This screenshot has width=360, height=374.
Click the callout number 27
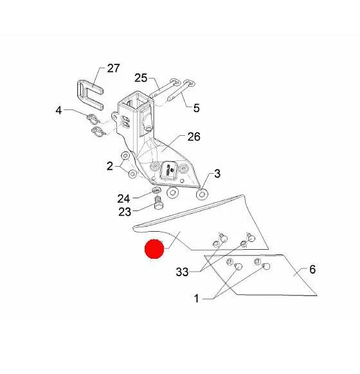(x=113, y=68)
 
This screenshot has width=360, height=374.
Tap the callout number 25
(x=141, y=78)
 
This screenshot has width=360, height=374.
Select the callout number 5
(x=196, y=108)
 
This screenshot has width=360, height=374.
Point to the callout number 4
(x=59, y=111)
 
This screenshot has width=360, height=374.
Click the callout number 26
(x=194, y=137)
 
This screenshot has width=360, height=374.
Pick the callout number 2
(x=109, y=166)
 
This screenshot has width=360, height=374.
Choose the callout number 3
(x=217, y=174)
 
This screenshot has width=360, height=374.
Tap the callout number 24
(x=123, y=198)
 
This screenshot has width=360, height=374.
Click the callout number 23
(x=125, y=212)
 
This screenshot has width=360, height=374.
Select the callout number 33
(x=183, y=272)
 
